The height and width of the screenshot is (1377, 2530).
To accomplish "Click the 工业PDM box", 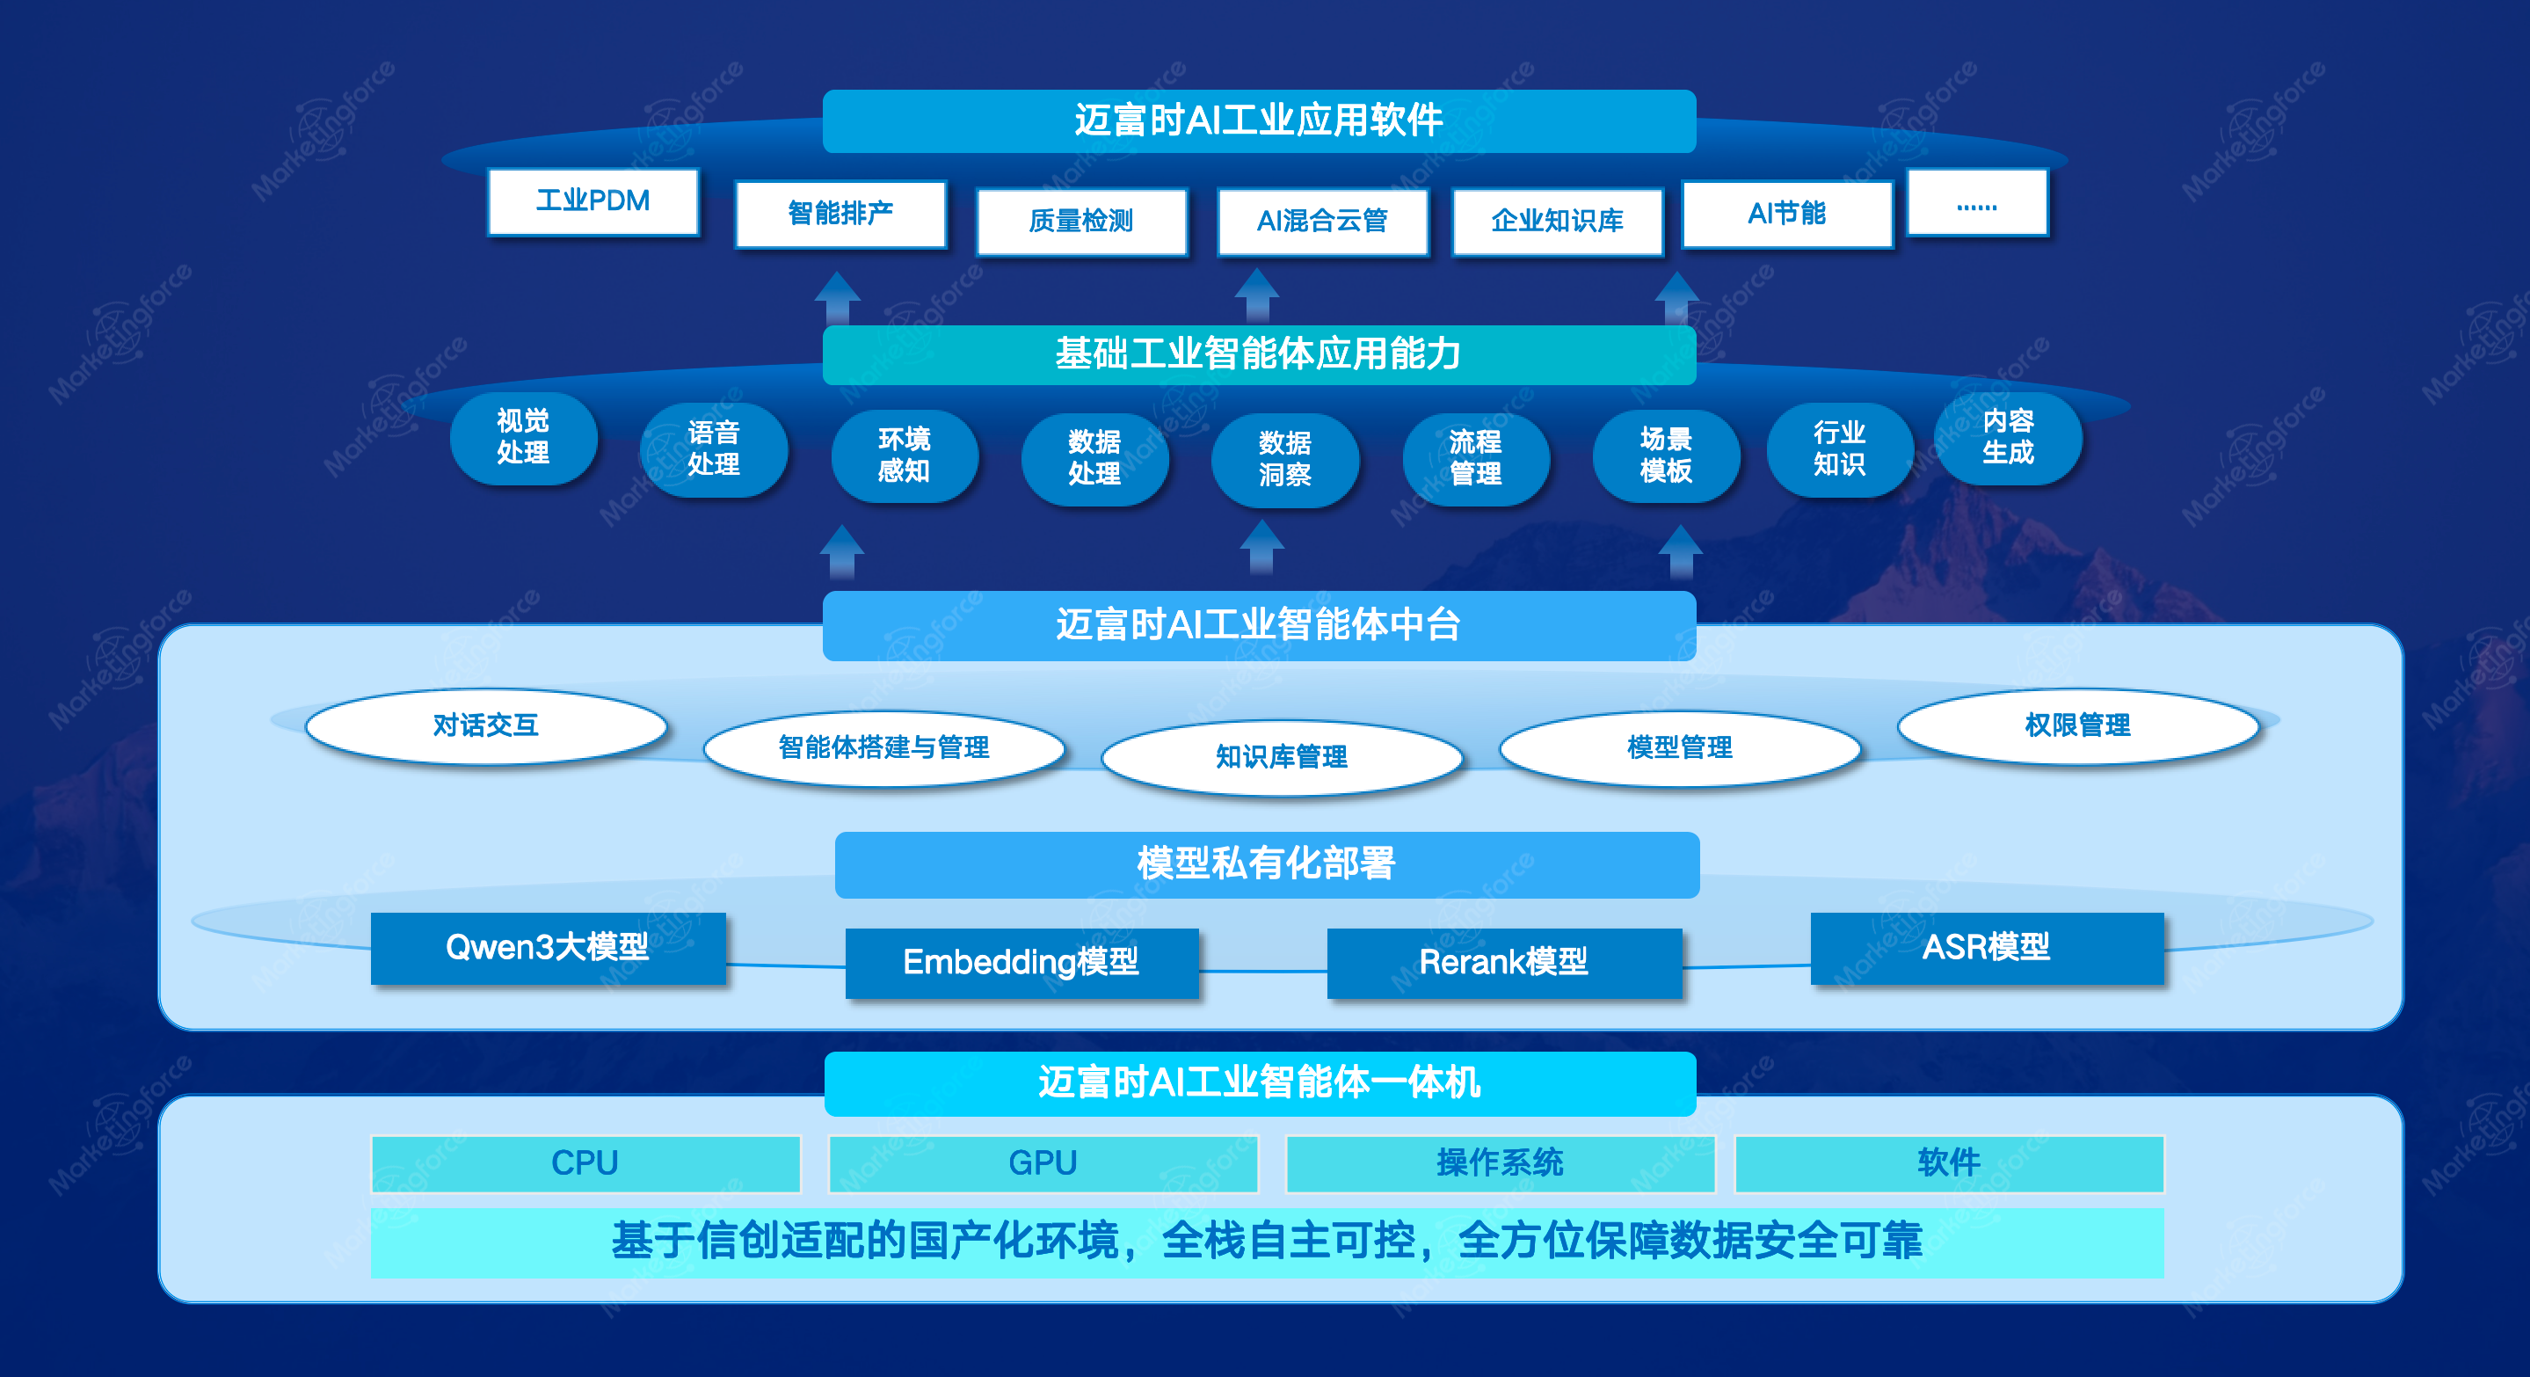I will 593,201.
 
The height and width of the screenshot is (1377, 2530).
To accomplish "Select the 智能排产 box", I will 840,213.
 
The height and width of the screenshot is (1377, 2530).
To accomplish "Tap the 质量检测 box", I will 1081,221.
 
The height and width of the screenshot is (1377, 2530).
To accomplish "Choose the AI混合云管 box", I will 1322,221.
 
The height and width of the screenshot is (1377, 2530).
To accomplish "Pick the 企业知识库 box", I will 1557,221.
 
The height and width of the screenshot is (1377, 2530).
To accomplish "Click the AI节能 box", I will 1786,213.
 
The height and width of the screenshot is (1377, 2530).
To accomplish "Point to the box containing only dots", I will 1977,203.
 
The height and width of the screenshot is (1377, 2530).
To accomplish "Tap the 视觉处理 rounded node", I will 522,437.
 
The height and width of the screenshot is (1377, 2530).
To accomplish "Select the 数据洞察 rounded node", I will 1284,459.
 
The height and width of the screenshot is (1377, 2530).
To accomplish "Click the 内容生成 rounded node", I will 2008,437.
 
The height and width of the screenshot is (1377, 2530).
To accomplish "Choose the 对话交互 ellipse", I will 486,725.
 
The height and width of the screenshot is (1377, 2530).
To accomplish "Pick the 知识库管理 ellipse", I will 1282,756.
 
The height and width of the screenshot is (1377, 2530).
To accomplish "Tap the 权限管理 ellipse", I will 2077,725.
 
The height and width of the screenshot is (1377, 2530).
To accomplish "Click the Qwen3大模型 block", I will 548,948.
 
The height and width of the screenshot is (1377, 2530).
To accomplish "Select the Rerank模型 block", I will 1503,963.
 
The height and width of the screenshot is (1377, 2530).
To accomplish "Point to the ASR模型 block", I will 1987,948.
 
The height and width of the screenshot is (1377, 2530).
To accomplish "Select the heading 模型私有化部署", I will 1266,864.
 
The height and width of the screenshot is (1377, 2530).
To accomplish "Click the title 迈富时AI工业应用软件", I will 1259,120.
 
